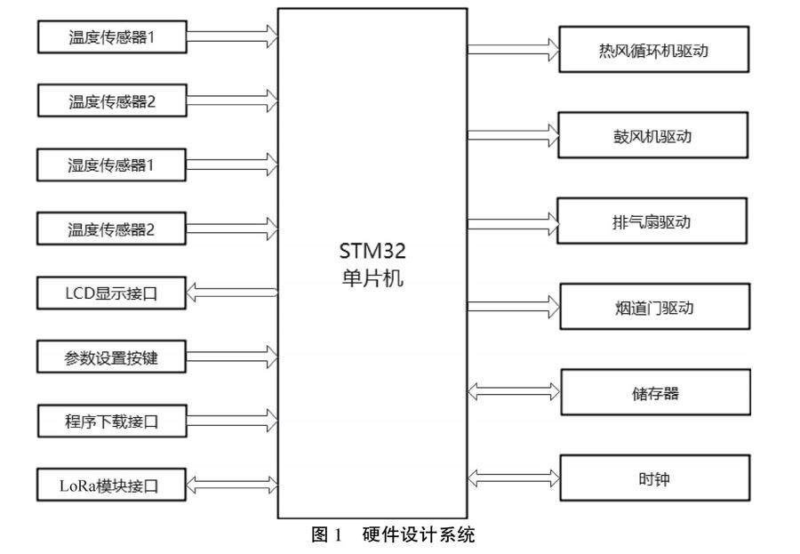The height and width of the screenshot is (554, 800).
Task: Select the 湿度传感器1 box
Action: [x=111, y=165]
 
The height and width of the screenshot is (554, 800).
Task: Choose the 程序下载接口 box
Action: [x=111, y=421]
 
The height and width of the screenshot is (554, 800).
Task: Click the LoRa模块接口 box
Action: [x=111, y=486]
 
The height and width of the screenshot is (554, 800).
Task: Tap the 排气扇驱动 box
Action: [x=652, y=221]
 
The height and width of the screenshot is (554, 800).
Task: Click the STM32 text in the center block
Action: [x=372, y=252]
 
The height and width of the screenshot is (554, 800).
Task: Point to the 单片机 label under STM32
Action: [x=372, y=277]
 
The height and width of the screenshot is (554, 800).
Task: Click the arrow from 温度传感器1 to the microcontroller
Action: [x=232, y=37]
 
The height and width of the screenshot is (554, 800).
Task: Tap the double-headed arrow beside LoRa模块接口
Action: [x=232, y=486]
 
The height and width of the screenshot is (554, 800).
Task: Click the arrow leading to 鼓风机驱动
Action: [x=513, y=135]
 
